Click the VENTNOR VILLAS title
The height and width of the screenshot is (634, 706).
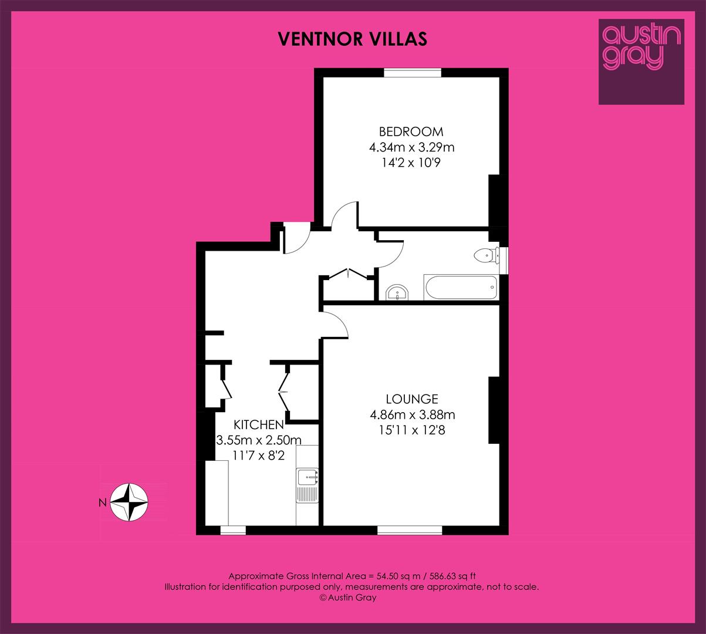(353, 39)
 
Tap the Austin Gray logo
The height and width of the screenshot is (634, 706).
(641, 62)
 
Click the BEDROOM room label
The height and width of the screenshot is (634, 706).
(411, 131)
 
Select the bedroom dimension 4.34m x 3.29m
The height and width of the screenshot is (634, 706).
(411, 147)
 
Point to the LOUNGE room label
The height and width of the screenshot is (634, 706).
(412, 399)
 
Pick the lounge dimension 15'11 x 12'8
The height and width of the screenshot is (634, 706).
(412, 430)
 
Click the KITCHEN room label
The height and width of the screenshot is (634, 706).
(259, 425)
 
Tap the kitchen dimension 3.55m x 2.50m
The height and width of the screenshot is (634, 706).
(259, 440)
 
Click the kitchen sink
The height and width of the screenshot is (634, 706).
(307, 485)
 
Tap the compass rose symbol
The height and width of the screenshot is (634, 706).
(129, 503)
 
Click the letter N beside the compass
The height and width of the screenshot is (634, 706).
(103, 503)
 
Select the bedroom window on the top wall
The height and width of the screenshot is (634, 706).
(413, 72)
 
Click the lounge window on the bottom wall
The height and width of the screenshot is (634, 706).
(410, 530)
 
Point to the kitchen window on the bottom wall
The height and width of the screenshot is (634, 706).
(233, 530)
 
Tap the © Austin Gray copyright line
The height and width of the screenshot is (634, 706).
(348, 598)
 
